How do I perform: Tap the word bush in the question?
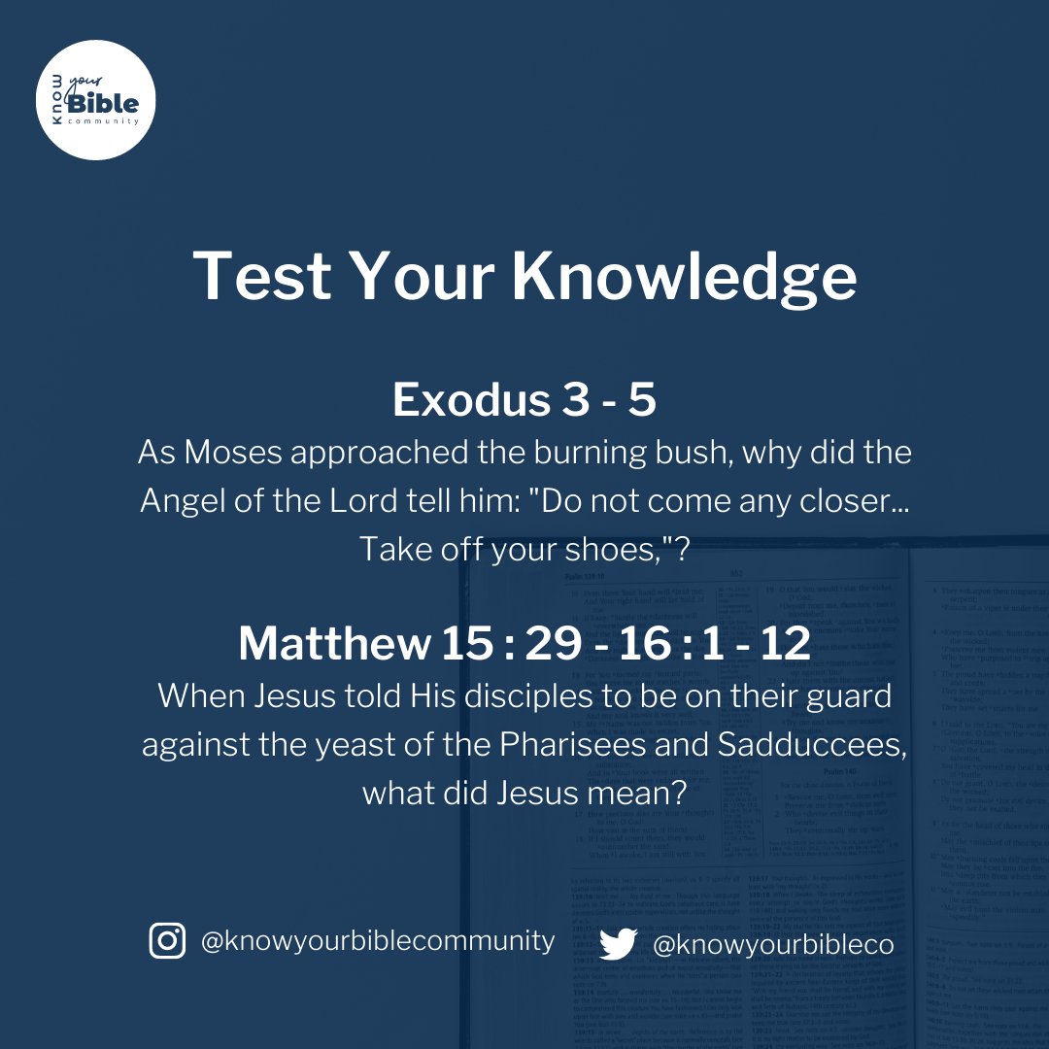pos(719,452)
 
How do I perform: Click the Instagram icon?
pos(167,940)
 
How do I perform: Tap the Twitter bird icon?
pos(618,943)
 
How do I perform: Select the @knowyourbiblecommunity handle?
pos(378,940)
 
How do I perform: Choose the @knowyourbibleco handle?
pos(773,943)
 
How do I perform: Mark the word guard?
pos(845,695)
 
